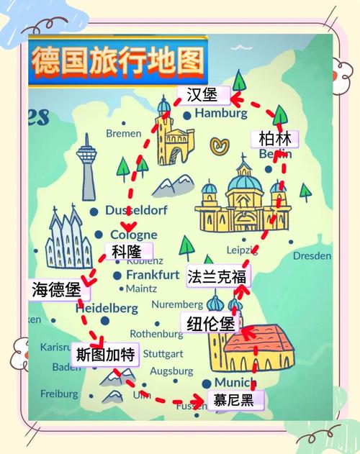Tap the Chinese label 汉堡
click(202, 95)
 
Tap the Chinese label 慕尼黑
click(233, 400)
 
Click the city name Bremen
click(124, 133)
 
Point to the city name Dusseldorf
click(135, 211)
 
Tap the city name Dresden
click(312, 255)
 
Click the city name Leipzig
click(242, 250)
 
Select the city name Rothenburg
click(156, 334)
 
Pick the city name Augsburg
click(171, 371)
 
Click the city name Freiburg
click(59, 394)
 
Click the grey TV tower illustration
click(88, 165)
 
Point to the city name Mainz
click(141, 289)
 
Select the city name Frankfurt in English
click(153, 275)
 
